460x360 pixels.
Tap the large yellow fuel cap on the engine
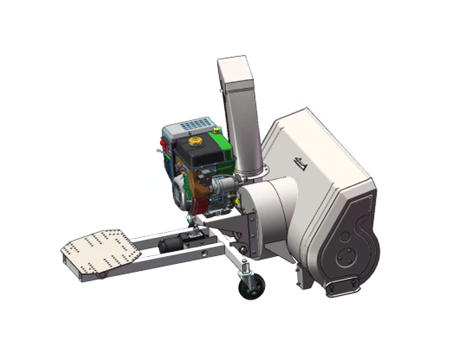pos(194,141)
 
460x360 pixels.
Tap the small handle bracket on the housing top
pos(300,163)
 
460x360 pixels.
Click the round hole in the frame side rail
pos(204,255)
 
